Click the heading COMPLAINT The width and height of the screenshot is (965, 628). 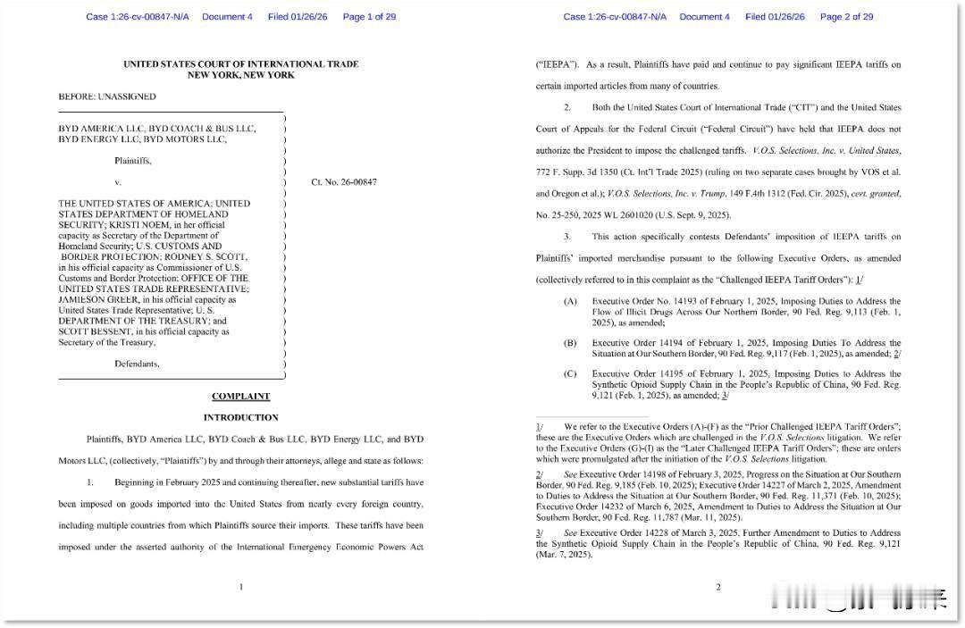(240, 396)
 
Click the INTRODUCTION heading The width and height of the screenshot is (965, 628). (240, 417)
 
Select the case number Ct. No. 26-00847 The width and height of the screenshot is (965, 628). (344, 182)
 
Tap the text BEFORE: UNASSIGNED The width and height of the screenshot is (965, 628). (107, 96)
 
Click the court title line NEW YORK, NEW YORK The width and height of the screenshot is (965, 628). (240, 75)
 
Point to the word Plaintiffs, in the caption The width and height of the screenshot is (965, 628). (133, 161)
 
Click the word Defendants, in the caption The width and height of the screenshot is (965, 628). (137, 364)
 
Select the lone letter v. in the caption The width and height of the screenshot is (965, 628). (118, 182)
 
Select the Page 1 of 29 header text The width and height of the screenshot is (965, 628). (369, 17)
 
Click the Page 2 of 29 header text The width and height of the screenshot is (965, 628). (846, 17)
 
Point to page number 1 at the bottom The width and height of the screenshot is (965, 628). (241, 587)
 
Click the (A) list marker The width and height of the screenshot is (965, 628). (570, 302)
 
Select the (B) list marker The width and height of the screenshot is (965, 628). (570, 343)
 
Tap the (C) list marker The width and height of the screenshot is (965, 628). (570, 374)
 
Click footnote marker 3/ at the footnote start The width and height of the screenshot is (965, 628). (540, 532)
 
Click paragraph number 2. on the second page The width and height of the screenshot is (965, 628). (567, 107)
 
